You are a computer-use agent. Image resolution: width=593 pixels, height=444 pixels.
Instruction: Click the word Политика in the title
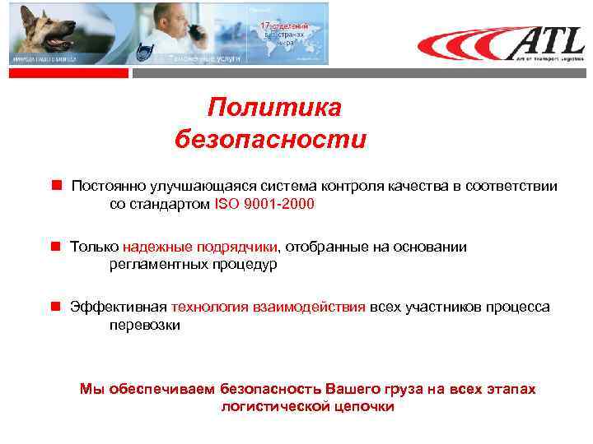click(273, 108)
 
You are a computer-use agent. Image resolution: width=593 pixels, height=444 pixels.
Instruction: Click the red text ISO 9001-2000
click(264, 204)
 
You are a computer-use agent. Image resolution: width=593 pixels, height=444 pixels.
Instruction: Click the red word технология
click(210, 307)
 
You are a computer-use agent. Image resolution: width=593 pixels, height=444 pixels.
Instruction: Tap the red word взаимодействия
click(308, 307)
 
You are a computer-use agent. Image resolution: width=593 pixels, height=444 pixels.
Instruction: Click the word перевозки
click(144, 325)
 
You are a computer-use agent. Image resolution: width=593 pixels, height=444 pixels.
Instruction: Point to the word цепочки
click(362, 406)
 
